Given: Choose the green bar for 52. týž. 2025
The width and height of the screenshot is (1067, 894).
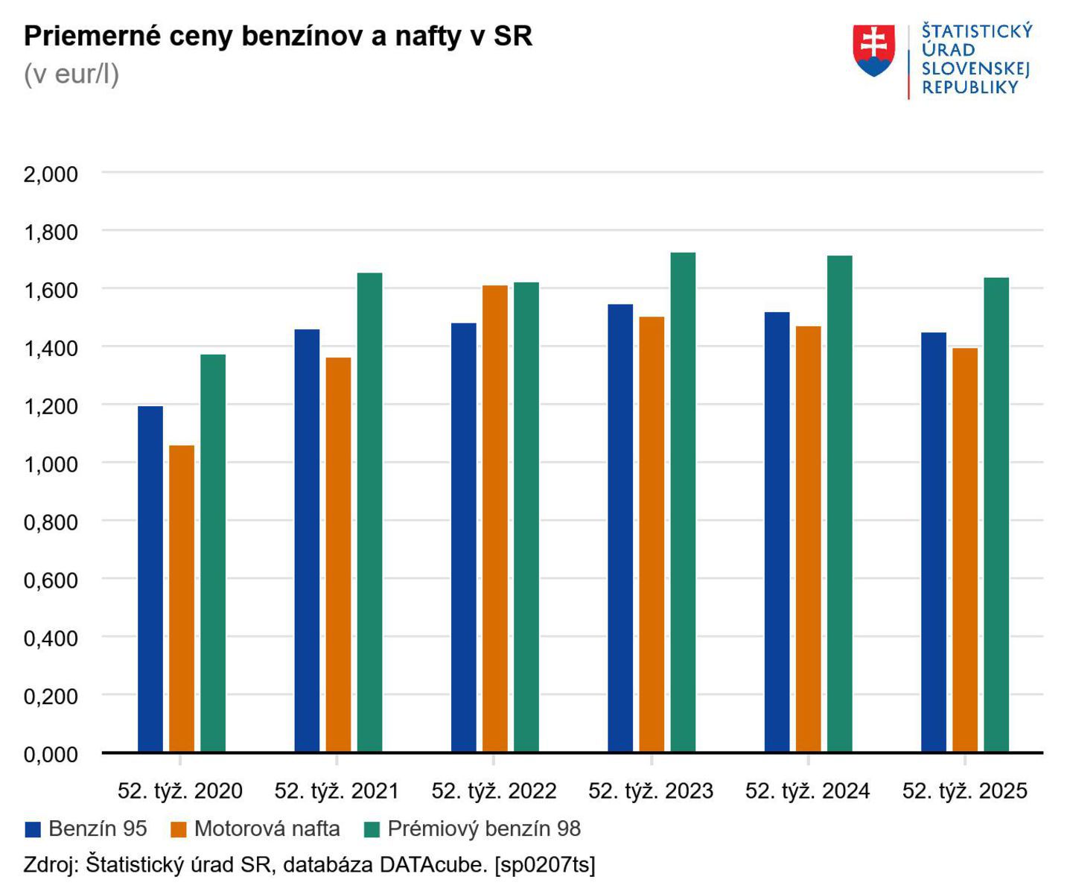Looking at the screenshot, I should (996, 515).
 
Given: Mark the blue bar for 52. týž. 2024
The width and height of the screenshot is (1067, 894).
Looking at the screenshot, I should (777, 532).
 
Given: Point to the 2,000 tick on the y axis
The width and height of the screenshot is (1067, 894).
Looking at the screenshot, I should (51, 174).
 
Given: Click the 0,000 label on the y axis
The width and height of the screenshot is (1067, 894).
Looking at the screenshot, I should (51, 755).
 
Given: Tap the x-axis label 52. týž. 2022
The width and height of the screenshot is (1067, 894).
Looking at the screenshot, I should (494, 791).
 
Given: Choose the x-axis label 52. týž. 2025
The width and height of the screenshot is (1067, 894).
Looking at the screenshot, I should (964, 791).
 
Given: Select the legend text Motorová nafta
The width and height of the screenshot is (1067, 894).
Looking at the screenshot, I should (267, 829).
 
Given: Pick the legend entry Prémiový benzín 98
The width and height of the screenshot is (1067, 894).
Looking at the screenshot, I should (483, 829).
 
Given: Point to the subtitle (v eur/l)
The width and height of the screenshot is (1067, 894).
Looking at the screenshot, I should (71, 74).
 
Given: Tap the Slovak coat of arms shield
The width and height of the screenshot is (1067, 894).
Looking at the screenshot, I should (873, 50).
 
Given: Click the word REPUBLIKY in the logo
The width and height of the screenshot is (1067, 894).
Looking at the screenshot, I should (969, 87).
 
